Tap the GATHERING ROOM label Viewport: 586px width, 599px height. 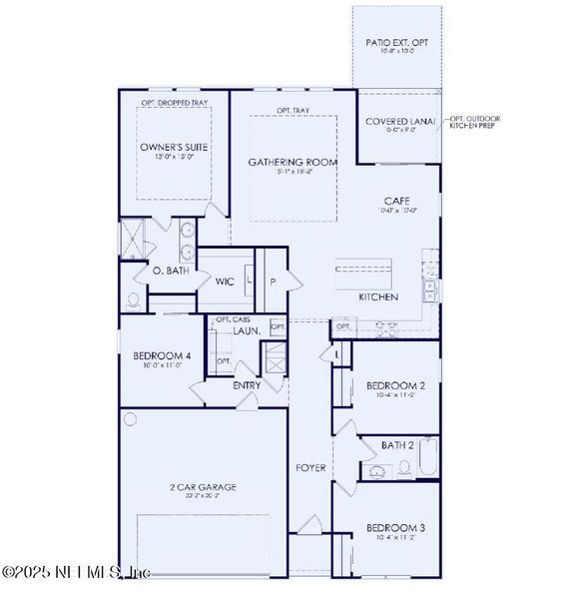tap(293, 162)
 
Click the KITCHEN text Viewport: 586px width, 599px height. tap(378, 298)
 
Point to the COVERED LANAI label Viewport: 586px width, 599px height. tap(399, 121)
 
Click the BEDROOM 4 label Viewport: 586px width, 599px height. tap(162, 356)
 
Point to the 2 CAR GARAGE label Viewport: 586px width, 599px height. tap(203, 487)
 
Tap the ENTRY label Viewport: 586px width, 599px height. tap(247, 385)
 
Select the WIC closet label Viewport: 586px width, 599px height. tap(225, 282)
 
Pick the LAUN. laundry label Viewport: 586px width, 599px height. tap(247, 330)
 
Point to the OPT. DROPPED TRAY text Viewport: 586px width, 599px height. tap(173, 103)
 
